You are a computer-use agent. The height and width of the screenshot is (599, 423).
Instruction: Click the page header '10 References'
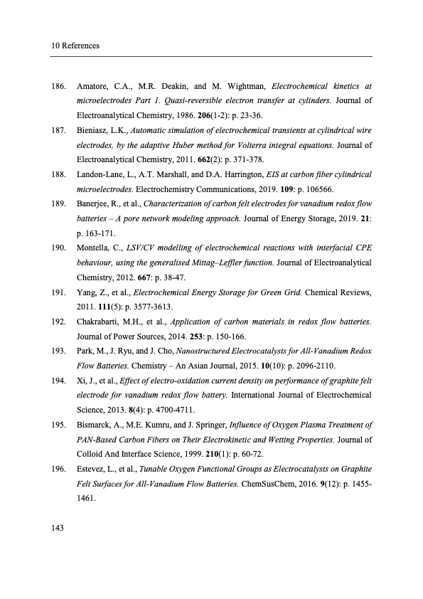(75, 46)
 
